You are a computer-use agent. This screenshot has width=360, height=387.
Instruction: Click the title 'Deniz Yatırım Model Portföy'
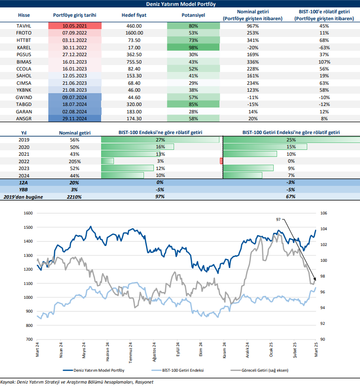click(x=180, y=3)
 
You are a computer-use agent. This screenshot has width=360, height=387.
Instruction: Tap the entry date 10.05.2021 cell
click(x=74, y=26)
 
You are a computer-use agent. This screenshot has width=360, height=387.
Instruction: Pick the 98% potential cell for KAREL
click(x=193, y=47)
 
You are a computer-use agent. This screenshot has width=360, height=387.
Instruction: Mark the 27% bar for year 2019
click(x=160, y=140)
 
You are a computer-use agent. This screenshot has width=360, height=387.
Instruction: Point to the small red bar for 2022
click(x=221, y=161)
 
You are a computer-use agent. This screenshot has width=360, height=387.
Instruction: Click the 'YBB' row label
click(x=23, y=189)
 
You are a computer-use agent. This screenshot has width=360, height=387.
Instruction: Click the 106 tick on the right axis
click(x=324, y=213)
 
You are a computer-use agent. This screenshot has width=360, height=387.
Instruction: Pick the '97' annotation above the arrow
click(x=279, y=219)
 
